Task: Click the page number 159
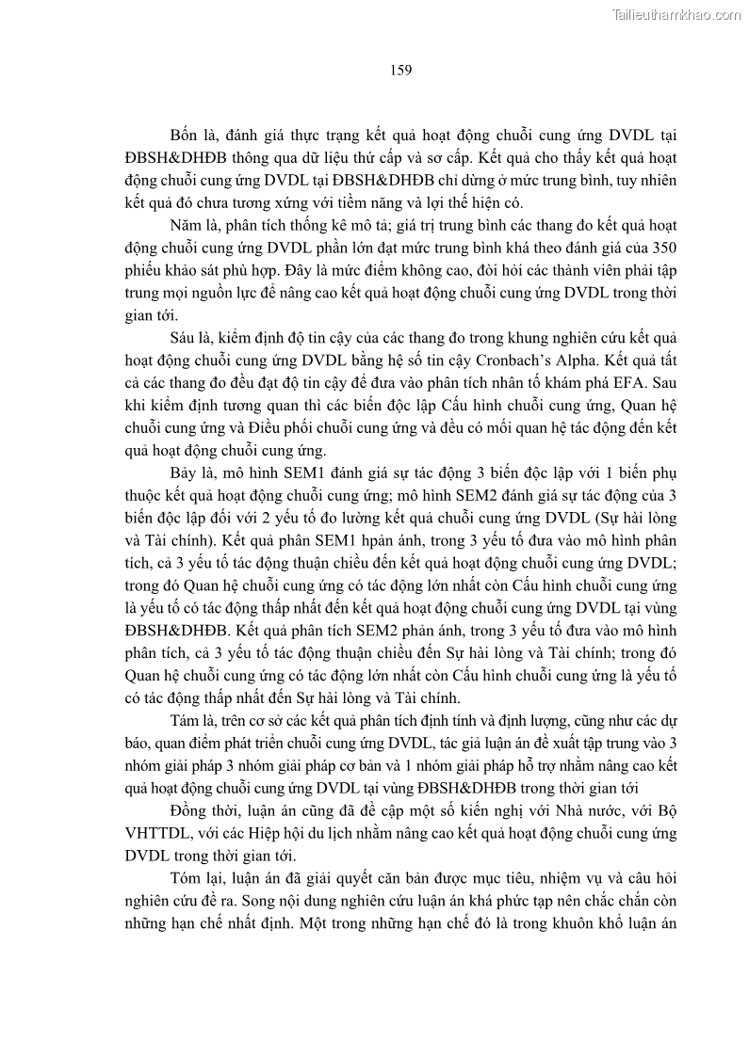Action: (x=399, y=69)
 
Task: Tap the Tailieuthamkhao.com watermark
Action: (x=675, y=15)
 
